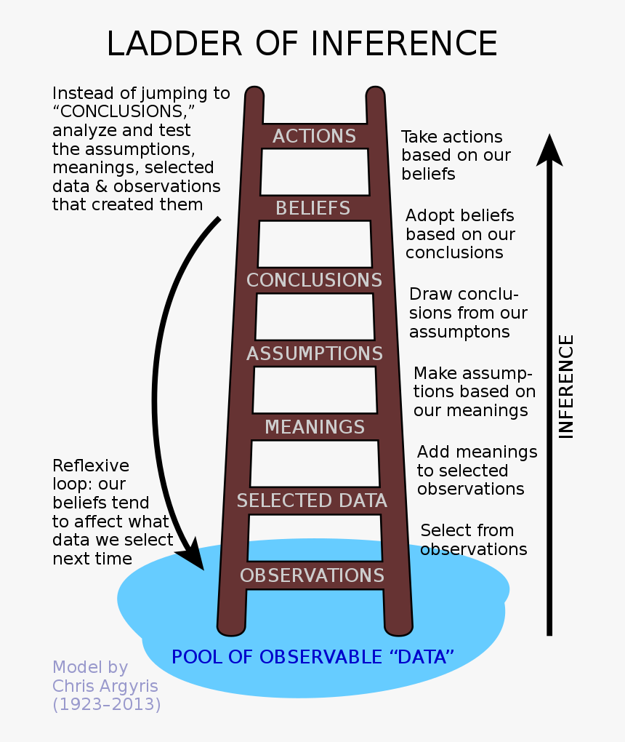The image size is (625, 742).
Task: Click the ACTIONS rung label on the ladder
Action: (314, 136)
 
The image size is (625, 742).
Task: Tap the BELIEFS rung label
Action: (313, 208)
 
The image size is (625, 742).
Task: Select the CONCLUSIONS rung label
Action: (314, 280)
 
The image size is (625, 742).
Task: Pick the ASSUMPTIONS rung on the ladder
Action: (314, 354)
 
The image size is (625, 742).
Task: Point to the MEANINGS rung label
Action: (314, 426)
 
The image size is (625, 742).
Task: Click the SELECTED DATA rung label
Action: (312, 500)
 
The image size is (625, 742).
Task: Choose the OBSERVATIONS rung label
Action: (312, 575)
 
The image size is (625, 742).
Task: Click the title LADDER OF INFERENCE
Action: (302, 44)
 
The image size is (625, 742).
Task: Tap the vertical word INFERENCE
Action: (566, 386)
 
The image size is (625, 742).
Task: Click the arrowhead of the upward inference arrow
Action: (550, 149)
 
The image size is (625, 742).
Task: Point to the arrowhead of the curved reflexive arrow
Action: (195, 556)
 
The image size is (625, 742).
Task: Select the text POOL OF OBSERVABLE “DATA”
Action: (312, 657)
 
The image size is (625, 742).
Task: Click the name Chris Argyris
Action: (105, 686)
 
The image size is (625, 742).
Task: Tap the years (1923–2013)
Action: (106, 704)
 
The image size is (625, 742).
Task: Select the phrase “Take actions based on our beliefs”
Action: (456, 155)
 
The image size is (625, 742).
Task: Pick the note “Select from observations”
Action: (473, 540)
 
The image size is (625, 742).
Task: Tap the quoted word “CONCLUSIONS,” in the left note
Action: (124, 112)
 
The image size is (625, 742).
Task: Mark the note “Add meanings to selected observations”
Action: (477, 471)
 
